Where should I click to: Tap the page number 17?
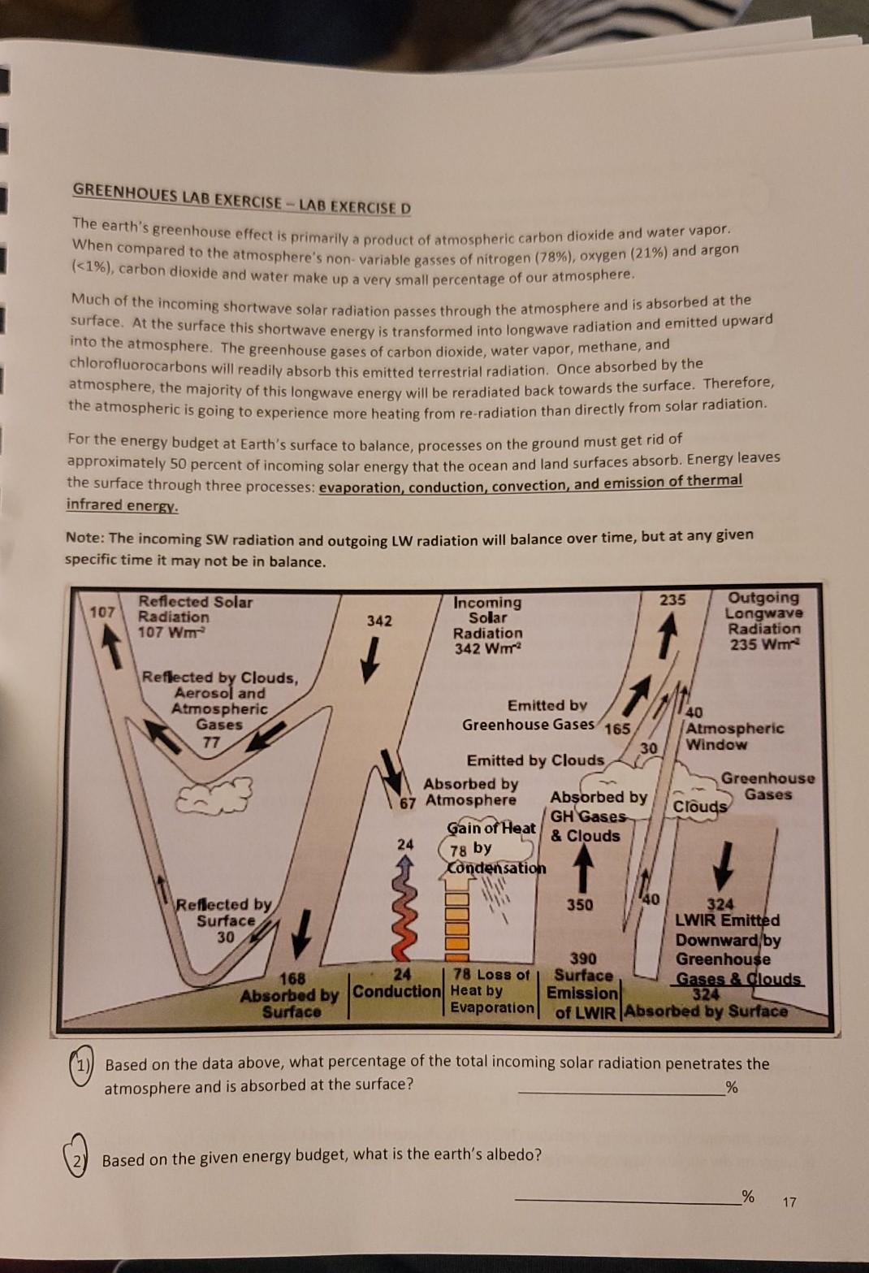point(789,1201)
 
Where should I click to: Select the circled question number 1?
point(81,1064)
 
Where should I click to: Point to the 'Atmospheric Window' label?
point(734,736)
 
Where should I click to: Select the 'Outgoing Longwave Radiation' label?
point(763,621)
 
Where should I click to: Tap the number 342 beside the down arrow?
point(378,621)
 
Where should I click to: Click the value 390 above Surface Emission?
point(582,959)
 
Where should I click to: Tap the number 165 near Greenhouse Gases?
point(617,728)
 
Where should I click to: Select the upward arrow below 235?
point(667,634)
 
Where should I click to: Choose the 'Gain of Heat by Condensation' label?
point(493,847)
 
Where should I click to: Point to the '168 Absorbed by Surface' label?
point(290,995)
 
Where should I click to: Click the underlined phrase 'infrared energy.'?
point(122,505)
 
